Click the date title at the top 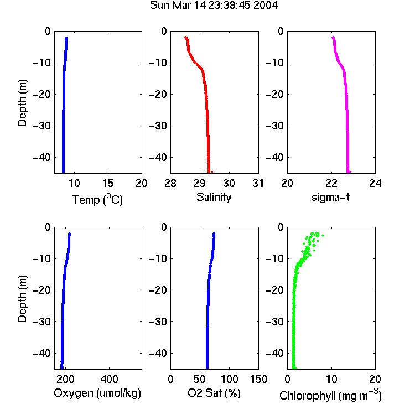pos(214,6)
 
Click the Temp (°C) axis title pos(97,199)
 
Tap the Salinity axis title pos(214,197)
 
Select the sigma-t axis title pos(330,197)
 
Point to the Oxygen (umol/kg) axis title pos(97,393)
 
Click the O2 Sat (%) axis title pos(214,393)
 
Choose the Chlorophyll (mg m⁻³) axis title pos(330,395)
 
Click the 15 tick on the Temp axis pos(108,183)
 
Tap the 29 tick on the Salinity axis pos(200,183)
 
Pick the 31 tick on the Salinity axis pos(258,183)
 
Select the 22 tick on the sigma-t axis pos(331,183)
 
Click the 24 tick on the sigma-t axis pos(375,183)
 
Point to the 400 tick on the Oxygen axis pos(110,379)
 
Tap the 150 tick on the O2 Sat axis pos(258,379)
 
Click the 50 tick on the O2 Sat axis pos(200,379)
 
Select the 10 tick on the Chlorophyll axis pos(331,379)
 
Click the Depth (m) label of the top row pos(22,103)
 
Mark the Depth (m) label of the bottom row pos(22,299)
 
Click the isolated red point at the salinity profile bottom pos(212,172)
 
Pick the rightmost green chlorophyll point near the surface pos(323,235)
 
